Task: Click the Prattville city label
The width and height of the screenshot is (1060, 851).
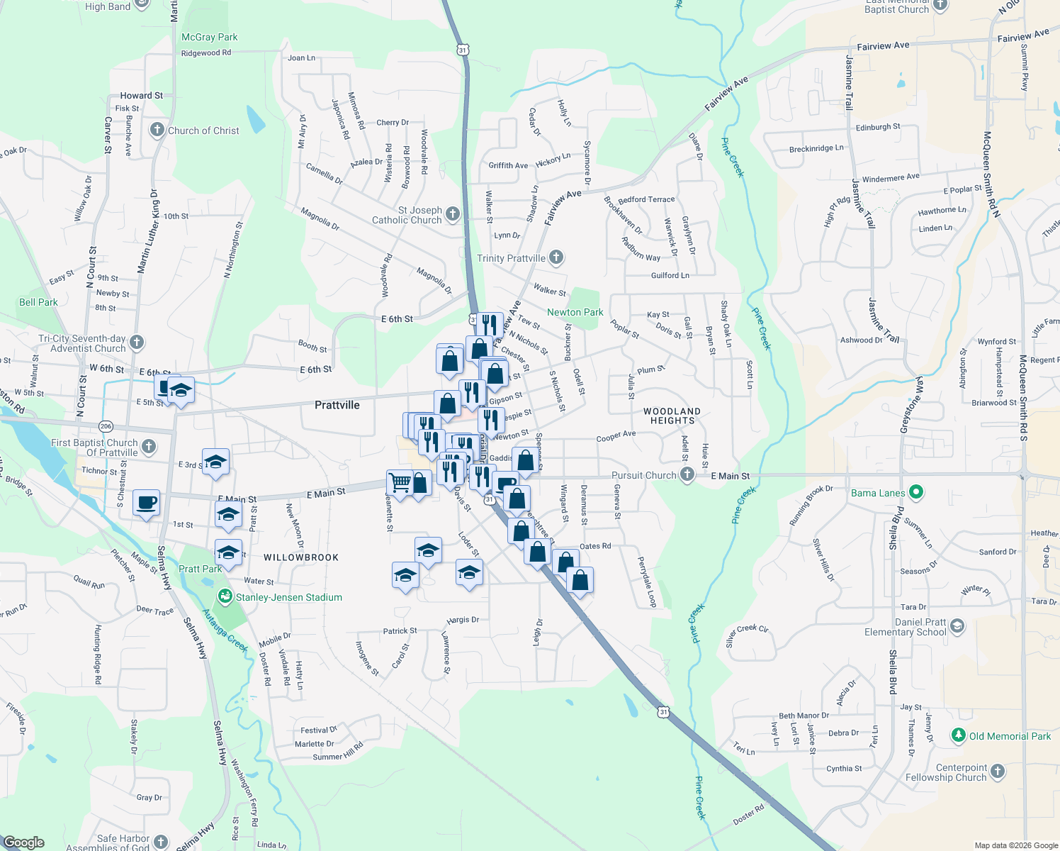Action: coord(337,405)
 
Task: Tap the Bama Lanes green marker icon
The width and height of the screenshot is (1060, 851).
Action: coord(916,492)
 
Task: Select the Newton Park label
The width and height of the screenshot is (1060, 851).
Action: coord(575,312)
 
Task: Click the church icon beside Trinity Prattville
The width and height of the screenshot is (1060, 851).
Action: coord(556,257)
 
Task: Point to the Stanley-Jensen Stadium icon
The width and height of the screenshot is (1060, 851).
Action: coord(225,597)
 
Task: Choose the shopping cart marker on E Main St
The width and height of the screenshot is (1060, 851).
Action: coord(400,483)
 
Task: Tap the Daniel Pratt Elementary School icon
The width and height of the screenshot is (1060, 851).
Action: coord(957,625)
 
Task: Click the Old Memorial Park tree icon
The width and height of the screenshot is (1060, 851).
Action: coord(958,735)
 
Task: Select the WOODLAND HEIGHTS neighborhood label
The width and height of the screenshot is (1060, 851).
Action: coord(672,416)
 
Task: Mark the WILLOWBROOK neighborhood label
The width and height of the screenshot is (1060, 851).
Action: coord(301,557)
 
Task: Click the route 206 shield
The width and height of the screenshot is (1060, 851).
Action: coord(106,426)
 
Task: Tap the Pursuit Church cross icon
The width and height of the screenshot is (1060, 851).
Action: coord(687,474)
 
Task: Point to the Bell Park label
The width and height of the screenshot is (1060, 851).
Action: coord(38,302)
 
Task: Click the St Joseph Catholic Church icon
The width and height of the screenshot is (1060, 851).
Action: coord(453,213)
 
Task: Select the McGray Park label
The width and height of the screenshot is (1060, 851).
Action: coord(209,37)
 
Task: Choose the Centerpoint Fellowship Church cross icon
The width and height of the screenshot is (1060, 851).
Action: coord(998,772)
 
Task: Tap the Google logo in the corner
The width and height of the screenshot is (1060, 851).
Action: coord(23,842)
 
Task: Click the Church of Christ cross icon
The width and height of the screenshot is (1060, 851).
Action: coord(157,130)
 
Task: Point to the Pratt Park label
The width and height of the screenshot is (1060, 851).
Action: coord(200,569)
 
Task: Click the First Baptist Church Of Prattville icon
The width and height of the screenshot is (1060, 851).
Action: coord(148,446)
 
